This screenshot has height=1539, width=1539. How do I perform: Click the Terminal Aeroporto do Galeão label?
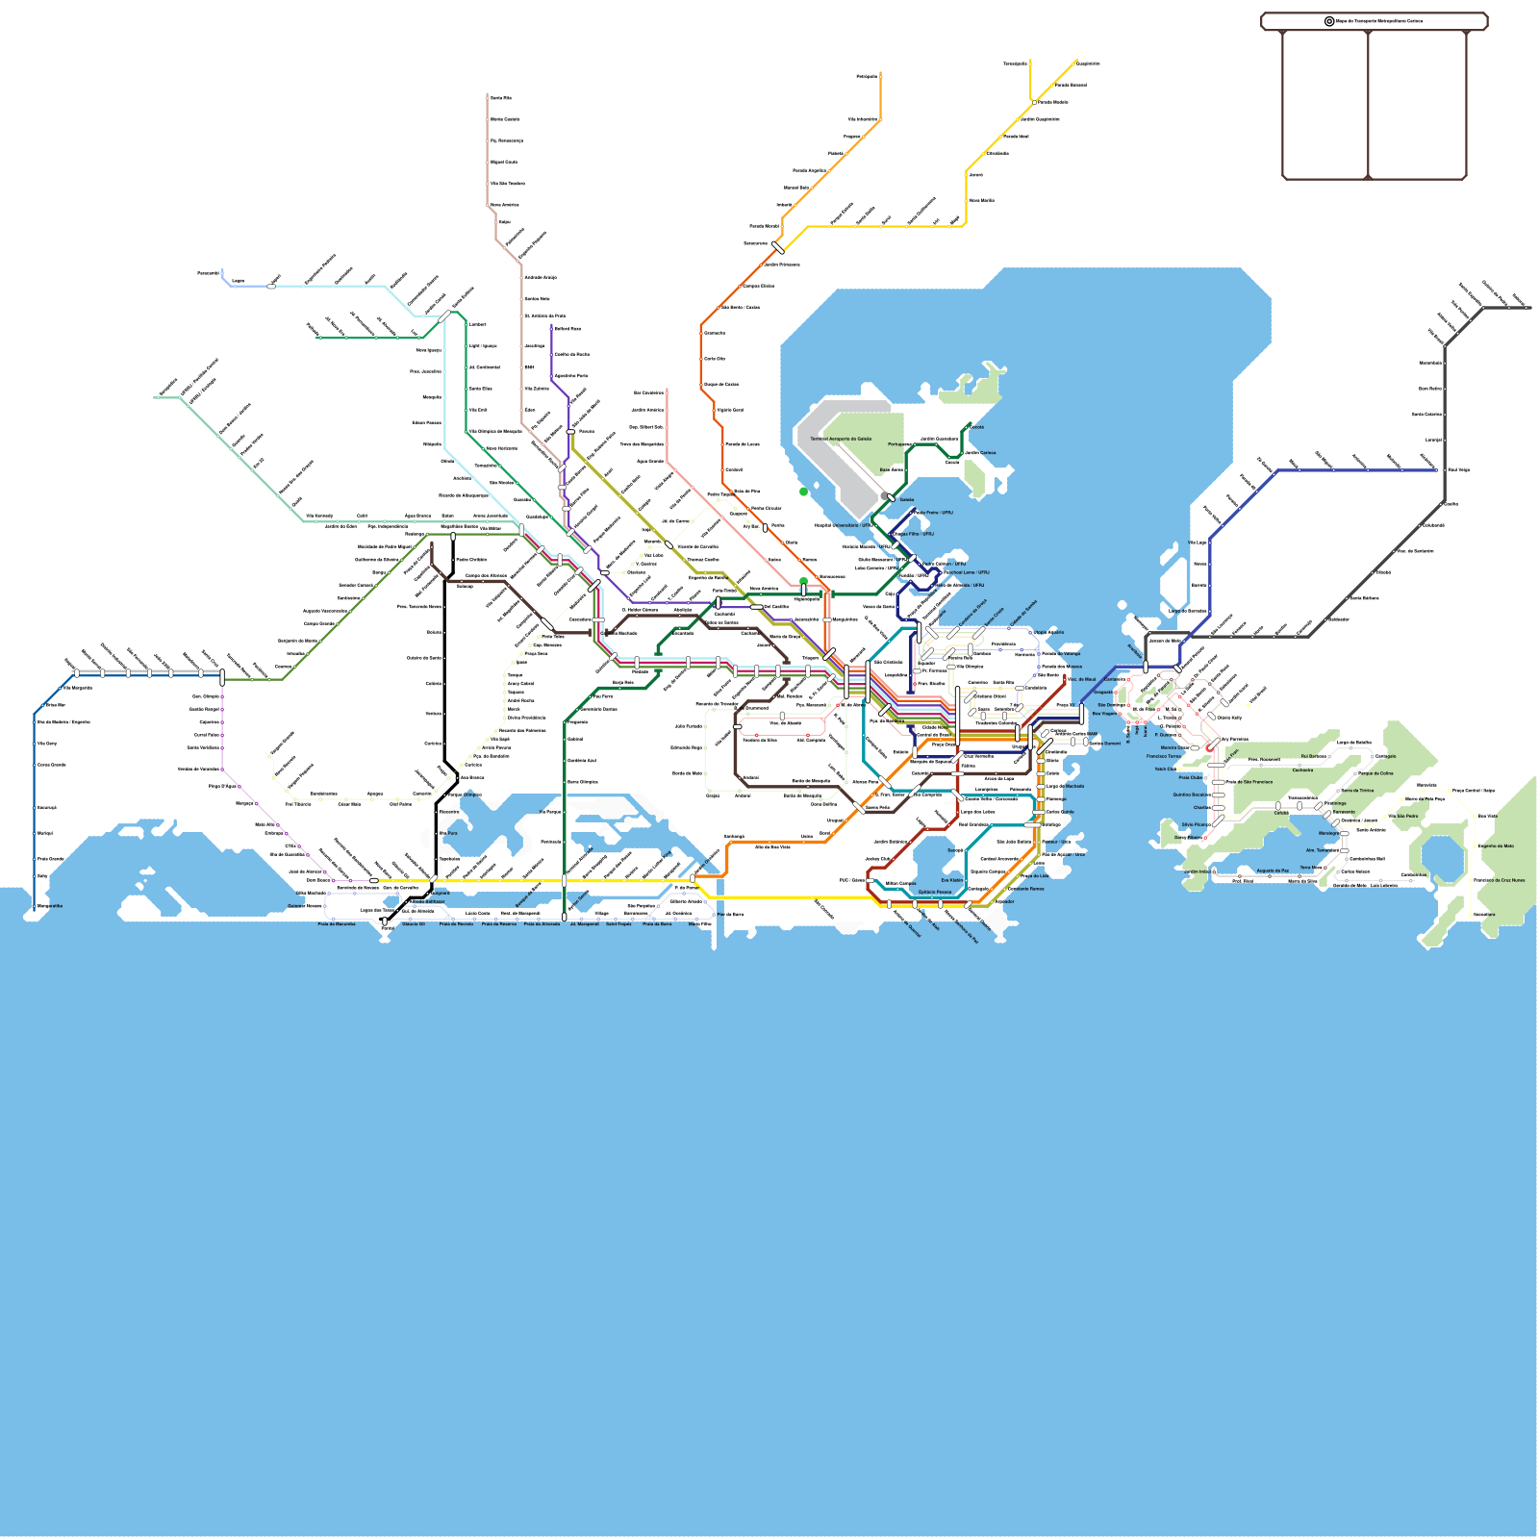(x=841, y=439)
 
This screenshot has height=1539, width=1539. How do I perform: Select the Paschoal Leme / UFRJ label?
(x=966, y=572)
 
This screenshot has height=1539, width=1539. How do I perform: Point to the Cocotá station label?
(x=976, y=427)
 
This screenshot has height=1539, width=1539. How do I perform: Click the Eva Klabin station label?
(x=951, y=880)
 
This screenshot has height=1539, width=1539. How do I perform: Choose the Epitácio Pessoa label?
(x=934, y=892)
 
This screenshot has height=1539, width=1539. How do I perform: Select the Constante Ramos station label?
(x=1025, y=889)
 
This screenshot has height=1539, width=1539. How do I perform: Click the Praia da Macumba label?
(x=337, y=923)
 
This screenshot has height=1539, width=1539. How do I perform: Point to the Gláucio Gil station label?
(x=414, y=923)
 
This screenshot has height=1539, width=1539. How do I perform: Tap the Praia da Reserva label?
(x=499, y=923)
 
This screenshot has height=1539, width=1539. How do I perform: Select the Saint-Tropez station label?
(x=618, y=923)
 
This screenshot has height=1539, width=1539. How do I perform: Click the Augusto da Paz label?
(x=1273, y=870)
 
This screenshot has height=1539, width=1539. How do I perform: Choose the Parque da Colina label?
(x=1375, y=773)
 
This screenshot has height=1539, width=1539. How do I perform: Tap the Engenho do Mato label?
(x=1496, y=846)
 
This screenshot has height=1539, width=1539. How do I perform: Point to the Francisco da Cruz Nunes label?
(x=1499, y=880)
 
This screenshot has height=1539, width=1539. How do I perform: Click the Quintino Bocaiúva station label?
(x=1191, y=795)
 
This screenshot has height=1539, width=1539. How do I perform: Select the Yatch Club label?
(x=1165, y=769)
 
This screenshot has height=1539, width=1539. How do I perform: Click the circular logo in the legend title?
(x=1329, y=21)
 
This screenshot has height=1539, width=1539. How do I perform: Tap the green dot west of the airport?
(x=803, y=492)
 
